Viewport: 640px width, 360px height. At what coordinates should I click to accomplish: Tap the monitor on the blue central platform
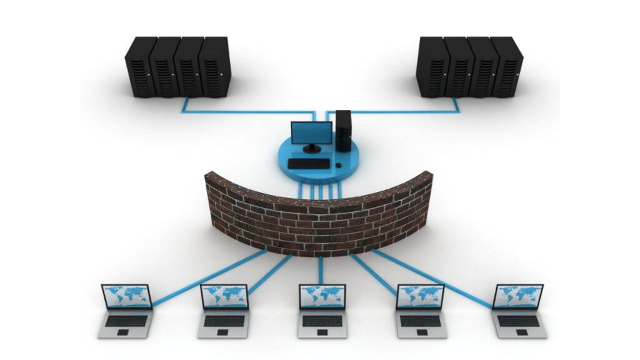point(312,132)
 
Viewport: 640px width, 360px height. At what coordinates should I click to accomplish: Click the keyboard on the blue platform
point(308,164)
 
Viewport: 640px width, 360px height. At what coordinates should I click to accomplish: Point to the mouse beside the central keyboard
point(338,165)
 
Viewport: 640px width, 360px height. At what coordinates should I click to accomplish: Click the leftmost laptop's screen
point(127,296)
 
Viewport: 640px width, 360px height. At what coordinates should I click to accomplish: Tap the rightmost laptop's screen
point(517,296)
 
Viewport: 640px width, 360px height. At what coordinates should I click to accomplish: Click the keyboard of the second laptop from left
point(224,320)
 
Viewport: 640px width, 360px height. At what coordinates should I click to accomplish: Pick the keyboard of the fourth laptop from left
point(420,320)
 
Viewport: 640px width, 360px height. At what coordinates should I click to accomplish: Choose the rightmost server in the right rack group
point(507,67)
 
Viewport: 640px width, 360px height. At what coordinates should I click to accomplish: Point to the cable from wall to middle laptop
point(321,269)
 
